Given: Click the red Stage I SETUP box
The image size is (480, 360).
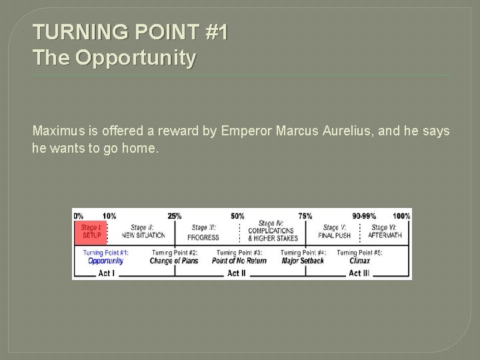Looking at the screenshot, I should [91, 231].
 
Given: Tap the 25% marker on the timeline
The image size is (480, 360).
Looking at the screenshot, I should [174, 216].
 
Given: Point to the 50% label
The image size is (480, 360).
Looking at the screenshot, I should [237, 216].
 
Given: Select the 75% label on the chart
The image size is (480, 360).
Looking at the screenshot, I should [305, 216].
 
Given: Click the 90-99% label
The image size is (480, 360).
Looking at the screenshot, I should [364, 216].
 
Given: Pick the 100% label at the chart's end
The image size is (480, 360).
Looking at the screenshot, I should [401, 216].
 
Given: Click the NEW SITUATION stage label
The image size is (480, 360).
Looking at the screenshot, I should [143, 235].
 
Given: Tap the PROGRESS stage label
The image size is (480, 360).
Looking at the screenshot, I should [203, 237].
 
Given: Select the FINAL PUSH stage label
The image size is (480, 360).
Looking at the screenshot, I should [334, 235].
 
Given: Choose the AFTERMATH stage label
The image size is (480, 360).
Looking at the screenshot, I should [385, 235].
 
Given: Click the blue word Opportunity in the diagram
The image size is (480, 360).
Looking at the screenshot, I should [106, 261].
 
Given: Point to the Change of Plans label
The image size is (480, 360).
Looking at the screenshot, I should [174, 261].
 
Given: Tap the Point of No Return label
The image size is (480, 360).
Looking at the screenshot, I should [239, 261].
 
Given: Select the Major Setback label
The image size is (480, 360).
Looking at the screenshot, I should [303, 261].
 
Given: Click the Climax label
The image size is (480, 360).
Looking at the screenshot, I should [359, 261].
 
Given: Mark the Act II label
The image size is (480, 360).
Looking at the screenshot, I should [237, 273].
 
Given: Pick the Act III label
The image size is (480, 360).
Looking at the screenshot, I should [359, 273].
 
